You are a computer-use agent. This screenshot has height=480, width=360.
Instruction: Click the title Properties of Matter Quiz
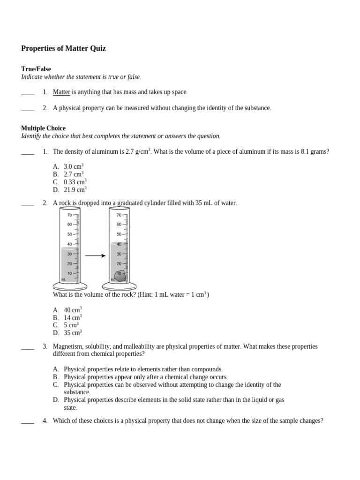[64, 49]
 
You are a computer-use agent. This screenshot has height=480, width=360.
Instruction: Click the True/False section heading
[36, 69]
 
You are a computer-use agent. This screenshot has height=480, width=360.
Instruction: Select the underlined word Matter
[61, 92]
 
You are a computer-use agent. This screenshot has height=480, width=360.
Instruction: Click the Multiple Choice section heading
[44, 128]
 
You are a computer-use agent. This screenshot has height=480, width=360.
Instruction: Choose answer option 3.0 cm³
[74, 166]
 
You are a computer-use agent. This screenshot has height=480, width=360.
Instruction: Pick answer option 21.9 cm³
[75, 190]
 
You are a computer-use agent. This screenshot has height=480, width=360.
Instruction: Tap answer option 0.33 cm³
[75, 182]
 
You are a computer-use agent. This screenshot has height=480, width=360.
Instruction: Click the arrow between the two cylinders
[95, 256]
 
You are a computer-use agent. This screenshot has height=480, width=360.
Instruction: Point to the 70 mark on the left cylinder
[69, 215]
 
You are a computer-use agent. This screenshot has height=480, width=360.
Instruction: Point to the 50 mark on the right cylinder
[119, 234]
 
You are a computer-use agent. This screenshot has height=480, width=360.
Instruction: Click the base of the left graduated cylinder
[70, 286]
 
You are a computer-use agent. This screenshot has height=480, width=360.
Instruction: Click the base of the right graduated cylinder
[119, 286]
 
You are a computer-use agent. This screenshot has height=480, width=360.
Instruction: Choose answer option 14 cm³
[73, 318]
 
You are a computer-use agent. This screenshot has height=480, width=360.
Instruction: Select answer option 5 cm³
[71, 325]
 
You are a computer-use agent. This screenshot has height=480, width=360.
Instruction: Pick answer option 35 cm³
[73, 333]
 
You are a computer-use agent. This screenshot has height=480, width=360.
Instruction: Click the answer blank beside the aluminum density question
[28, 152]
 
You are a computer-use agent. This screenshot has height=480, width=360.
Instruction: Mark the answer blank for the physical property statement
[28, 109]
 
